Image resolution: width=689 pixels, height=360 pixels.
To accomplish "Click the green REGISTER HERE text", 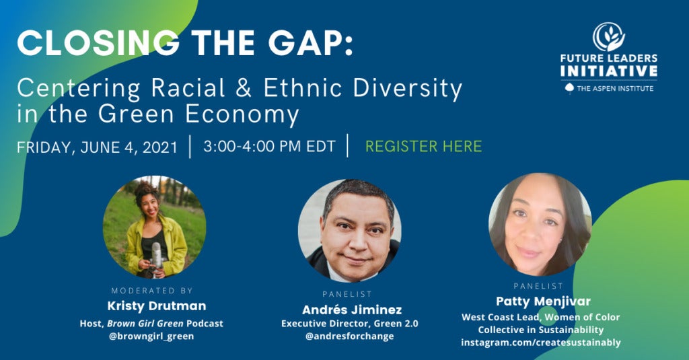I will pos(423,146).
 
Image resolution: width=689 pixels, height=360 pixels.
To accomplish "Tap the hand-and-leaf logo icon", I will pos(608,38).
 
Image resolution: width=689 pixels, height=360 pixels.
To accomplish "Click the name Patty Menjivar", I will pos(540,301).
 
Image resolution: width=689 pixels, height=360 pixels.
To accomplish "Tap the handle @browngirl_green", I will pos(151,336).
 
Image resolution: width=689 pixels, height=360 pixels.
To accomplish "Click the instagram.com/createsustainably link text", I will pos(540,343).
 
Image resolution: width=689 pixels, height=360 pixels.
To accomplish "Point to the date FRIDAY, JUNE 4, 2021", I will pos(98,147).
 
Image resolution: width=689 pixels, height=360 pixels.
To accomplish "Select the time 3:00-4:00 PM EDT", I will pos(269,146).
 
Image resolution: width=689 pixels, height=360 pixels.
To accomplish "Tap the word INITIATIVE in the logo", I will pos(608,71).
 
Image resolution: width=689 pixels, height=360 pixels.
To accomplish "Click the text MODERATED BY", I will pos(151,291).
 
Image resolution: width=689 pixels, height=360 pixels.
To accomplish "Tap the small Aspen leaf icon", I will pos(569,88).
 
